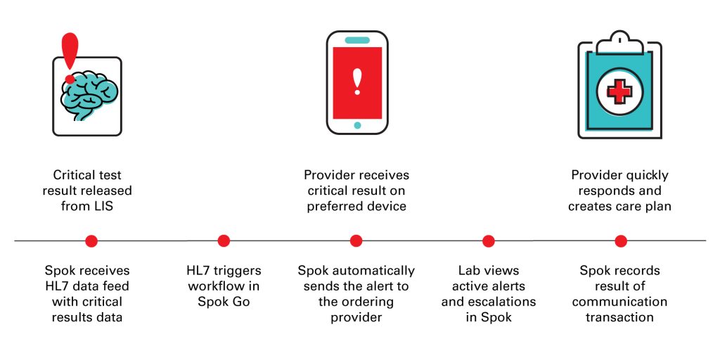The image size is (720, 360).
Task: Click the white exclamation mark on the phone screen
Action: [x=357, y=82]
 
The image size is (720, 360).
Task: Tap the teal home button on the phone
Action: [x=357, y=125]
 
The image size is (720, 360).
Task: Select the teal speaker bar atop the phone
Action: [x=357, y=40]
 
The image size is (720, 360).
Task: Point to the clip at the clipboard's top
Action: [x=619, y=41]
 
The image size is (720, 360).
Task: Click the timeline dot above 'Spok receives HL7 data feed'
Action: [x=91, y=240]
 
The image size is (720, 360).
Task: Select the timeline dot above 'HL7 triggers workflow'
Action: [x=224, y=240]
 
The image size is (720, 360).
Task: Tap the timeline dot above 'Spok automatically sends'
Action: [x=356, y=240]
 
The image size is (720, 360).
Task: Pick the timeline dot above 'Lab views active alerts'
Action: [x=489, y=240]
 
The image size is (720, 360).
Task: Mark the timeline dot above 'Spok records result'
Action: [x=621, y=240]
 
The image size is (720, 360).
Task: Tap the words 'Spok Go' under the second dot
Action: [x=224, y=302]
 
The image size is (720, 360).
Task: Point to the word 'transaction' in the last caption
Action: [x=619, y=317]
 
